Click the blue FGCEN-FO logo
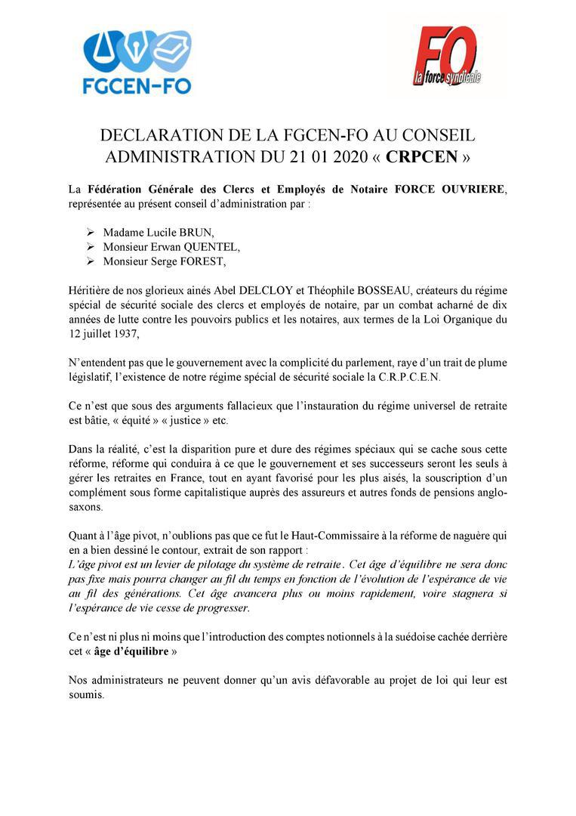pyautogui.click(x=137, y=62)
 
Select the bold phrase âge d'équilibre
pyautogui.click(x=132, y=651)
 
